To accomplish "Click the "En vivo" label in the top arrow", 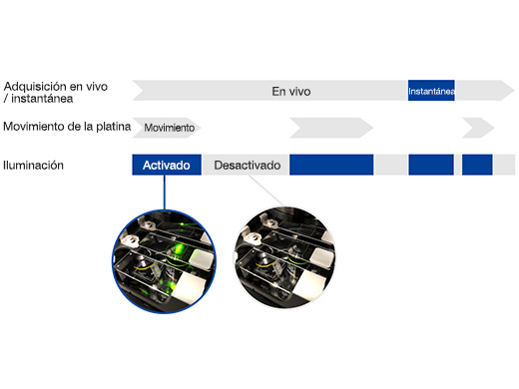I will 290,91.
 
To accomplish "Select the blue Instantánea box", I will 431,91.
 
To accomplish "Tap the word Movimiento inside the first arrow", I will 169,128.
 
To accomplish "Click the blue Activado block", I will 167,165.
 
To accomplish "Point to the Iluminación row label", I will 33,165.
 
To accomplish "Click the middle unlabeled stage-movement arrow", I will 329,128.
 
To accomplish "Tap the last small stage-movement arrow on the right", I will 477,128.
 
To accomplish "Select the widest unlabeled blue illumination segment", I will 331,165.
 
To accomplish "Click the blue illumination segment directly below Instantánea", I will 431,165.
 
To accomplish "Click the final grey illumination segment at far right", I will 504,165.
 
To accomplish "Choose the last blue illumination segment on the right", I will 477,165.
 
